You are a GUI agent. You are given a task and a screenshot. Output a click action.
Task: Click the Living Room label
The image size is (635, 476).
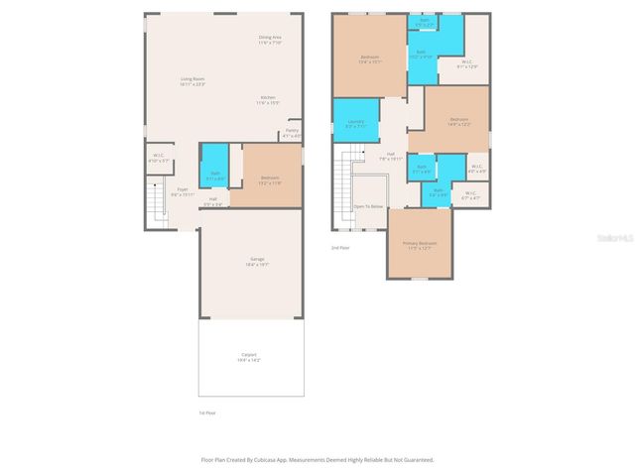191,81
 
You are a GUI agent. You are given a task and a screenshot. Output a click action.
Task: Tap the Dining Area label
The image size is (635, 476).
270,40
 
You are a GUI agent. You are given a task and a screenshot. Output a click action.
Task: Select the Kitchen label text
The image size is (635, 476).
268,99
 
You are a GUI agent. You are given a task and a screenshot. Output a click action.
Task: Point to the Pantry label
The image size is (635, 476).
292,132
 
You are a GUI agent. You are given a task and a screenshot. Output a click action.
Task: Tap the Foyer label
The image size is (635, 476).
182,191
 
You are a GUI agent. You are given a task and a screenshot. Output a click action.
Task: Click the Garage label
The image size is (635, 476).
256,262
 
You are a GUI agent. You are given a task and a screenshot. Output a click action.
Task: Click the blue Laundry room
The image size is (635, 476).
356,123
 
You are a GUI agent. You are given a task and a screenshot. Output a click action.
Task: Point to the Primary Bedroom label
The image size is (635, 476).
419,245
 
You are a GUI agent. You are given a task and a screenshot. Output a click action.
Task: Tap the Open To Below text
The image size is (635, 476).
367,206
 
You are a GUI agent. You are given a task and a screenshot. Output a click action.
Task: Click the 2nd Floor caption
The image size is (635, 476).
340,248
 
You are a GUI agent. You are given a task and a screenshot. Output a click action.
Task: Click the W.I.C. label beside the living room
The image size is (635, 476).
159,157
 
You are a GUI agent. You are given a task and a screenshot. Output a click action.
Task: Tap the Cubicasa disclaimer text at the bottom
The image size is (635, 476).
317,460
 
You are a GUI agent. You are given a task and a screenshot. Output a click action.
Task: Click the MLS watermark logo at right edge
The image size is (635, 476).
619,238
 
